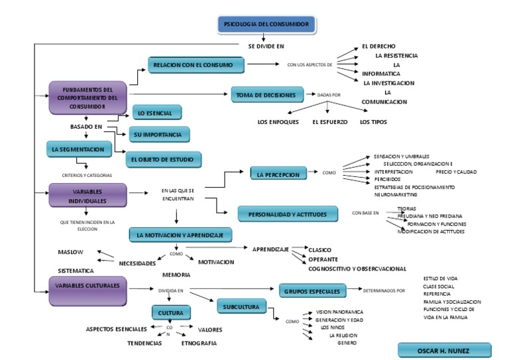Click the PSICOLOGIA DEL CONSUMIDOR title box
pos(267,25)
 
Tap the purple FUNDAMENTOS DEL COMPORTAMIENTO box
pos(87,97)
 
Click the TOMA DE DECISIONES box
pos(266,95)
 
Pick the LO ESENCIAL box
pos(156,113)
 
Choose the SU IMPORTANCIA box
pos(158,135)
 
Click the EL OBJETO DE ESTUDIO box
pos(164,160)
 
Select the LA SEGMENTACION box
pos(77,150)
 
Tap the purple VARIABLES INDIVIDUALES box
pos(87,195)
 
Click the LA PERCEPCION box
pos(278,174)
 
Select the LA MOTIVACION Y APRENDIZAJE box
pos(180,235)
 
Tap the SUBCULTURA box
pos(242,307)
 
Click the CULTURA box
pos(171,312)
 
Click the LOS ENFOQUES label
pos(278,122)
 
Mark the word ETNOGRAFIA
pos(198,343)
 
